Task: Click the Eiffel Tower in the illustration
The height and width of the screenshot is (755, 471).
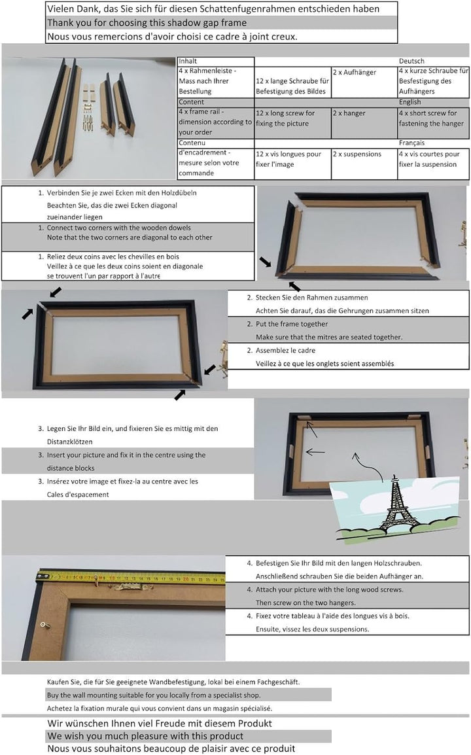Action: point(397,504)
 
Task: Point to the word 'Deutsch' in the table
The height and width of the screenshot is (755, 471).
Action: point(411,61)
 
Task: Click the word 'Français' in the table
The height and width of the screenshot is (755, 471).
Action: point(412,143)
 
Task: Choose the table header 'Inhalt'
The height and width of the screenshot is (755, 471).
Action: point(188,61)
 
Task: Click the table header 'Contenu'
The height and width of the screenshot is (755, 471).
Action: point(192,143)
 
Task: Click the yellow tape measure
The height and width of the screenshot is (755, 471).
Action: point(131,578)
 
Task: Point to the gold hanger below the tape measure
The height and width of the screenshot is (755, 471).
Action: point(128,587)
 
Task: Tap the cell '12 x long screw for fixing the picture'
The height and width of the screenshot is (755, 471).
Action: point(292,118)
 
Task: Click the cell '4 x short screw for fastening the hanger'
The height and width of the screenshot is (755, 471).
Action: point(433,118)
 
